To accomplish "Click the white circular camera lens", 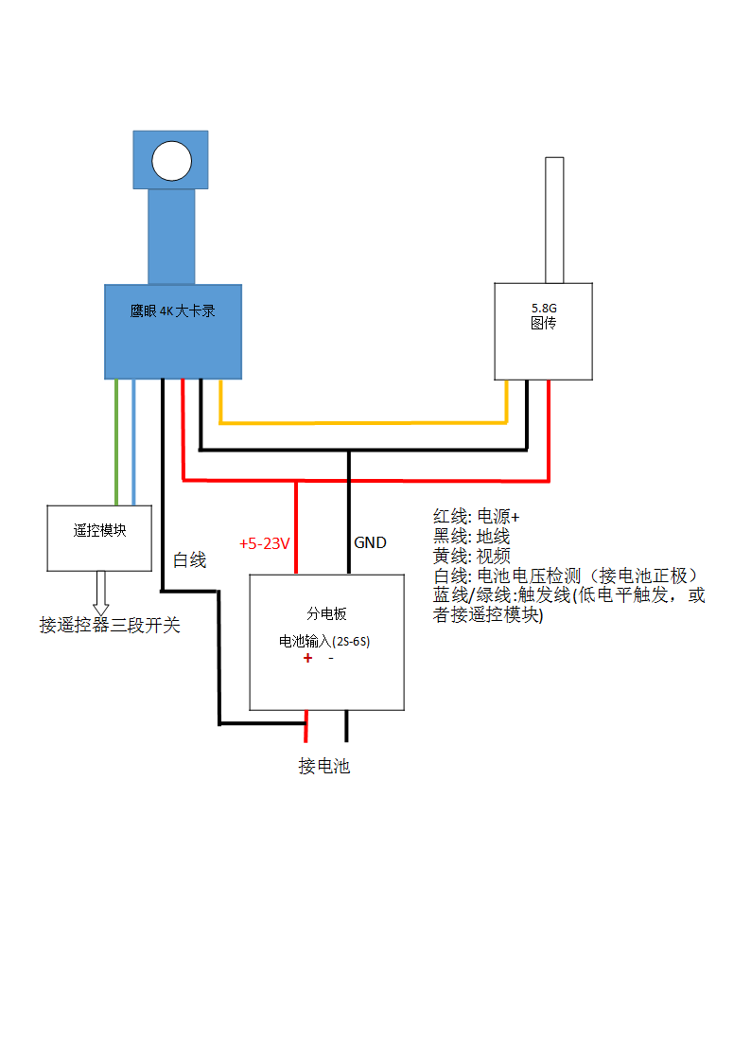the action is click(171, 161).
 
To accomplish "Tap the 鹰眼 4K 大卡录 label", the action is click(173, 311).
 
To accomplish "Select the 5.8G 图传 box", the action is click(543, 331).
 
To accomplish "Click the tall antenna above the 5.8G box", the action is click(554, 221).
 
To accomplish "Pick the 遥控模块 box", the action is click(99, 539).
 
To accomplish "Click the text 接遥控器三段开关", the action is click(110, 625).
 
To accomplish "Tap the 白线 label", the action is click(189, 560).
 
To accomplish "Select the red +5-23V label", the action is click(265, 543).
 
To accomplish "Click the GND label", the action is click(371, 542).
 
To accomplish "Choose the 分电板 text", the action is click(327, 613).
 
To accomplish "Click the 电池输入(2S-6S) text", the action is click(324, 642).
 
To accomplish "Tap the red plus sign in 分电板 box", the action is click(308, 658).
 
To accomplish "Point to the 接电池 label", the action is click(324, 766).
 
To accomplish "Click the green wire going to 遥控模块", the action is click(116, 442).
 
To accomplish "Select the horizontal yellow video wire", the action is click(363, 423).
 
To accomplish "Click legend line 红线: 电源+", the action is click(476, 517).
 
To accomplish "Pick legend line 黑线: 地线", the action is click(471, 537).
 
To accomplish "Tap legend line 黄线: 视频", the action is click(471, 556).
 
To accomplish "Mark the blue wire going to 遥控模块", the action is click(133, 442).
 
